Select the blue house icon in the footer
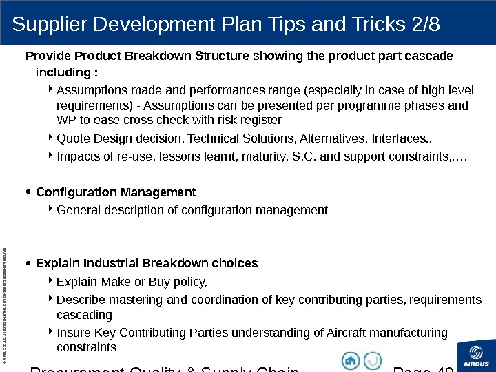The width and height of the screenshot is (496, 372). [x=351, y=360]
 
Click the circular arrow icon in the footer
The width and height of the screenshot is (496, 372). [x=373, y=360]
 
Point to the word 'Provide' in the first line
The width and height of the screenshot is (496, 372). [x=46, y=56]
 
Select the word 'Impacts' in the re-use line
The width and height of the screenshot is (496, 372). [x=77, y=156]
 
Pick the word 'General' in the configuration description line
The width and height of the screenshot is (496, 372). [x=78, y=209]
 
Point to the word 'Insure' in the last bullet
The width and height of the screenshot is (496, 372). [x=73, y=333]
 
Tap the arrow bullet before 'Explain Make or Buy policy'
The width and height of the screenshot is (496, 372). [x=52, y=281]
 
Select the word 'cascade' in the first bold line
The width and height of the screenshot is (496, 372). [x=431, y=56]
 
